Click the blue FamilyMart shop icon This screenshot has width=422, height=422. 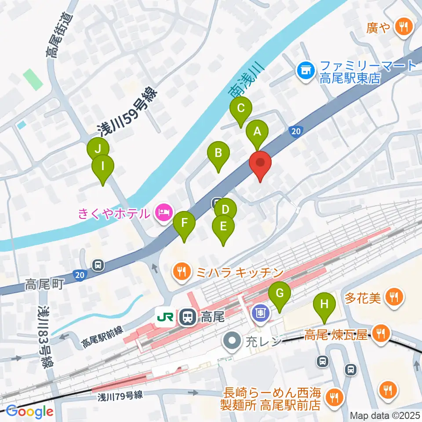tap(305, 70)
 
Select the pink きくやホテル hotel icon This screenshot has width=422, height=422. tap(164, 212)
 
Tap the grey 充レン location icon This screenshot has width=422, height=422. tap(232, 340)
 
